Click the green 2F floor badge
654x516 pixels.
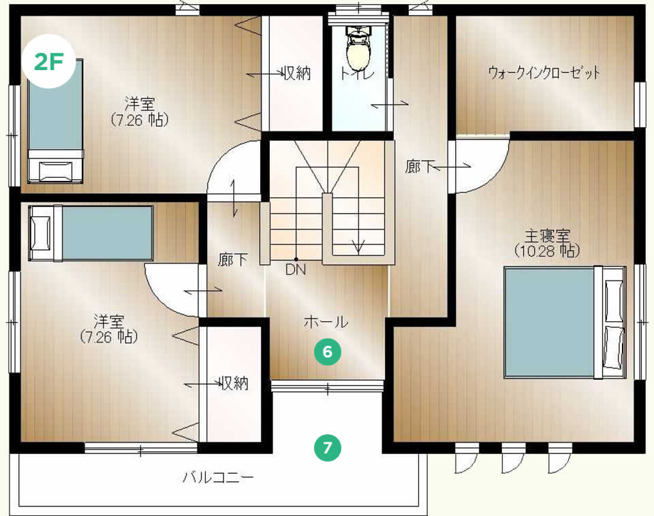[49, 61]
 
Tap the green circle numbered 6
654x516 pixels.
[328, 352]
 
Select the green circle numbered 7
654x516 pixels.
[328, 448]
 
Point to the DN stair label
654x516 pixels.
[296, 270]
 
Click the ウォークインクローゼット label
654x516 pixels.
[544, 73]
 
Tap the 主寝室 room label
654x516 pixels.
[547, 236]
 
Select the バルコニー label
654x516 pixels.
[218, 477]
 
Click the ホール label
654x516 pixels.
[326, 322]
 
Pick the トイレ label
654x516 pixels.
[357, 74]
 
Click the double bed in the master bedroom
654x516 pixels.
[565, 323]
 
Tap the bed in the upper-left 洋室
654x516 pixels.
[55, 121]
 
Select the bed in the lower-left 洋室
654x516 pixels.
[91, 233]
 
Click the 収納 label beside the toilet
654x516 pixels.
[297, 74]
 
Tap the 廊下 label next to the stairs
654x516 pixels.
[233, 260]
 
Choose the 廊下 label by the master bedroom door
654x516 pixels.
[420, 167]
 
